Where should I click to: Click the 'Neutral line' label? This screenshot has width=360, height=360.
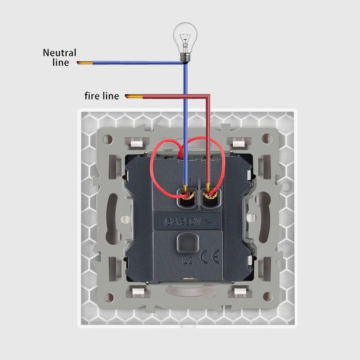pos(59,57)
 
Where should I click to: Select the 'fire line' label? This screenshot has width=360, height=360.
pos(102,96)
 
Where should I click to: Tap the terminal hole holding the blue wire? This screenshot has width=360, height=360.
pos(186,197)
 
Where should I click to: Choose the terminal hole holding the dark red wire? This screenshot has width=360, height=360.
pos(209,197)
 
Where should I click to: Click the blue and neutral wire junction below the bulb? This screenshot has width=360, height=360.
pos(185,63)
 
